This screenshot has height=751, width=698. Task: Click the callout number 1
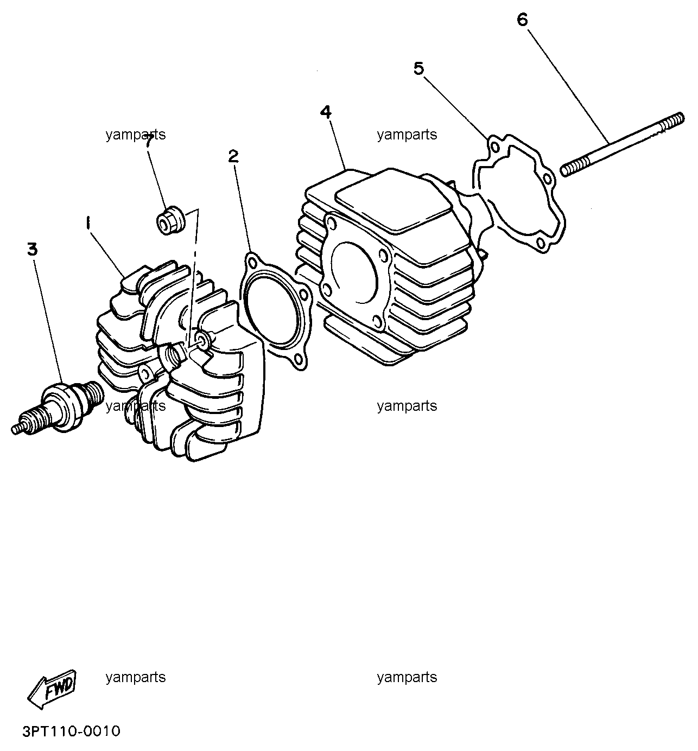pos(88,223)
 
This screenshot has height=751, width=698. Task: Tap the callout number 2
pos(234,156)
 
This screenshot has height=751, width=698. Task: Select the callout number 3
pos(33,250)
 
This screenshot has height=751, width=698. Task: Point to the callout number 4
pos(326,112)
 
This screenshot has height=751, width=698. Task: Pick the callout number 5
pos(419,68)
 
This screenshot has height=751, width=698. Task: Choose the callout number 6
pos(522,20)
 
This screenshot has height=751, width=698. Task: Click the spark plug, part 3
pos(58,408)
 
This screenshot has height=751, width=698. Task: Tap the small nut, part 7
pos(171,220)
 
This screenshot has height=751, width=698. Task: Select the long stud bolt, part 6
pos(623,144)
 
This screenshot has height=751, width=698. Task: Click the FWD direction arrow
pos(52,689)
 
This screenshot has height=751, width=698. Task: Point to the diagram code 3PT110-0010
pos(72,731)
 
